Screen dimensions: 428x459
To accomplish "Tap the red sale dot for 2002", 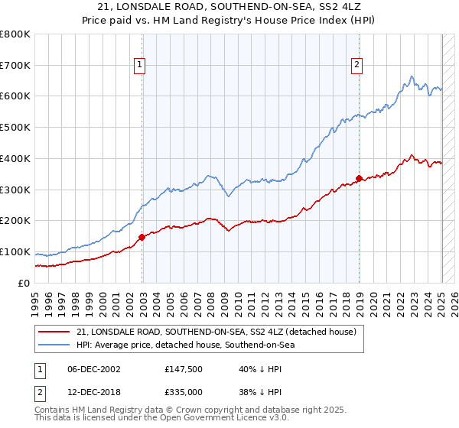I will click(x=142, y=237).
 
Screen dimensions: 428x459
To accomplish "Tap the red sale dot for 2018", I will click(x=359, y=179).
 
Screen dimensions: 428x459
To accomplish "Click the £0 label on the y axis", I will click(x=24, y=283).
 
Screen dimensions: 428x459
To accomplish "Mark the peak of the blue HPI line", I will click(x=412, y=76).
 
